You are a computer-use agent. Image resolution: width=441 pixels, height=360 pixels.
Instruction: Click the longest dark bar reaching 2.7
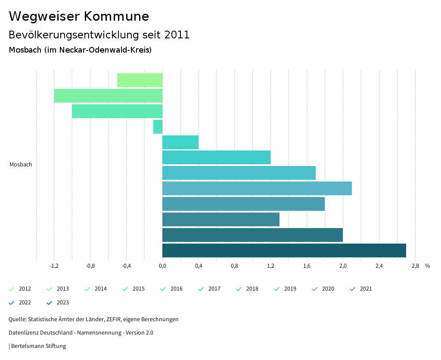[x=284, y=250]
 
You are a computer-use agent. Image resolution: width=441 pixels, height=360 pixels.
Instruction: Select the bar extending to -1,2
[x=108, y=96]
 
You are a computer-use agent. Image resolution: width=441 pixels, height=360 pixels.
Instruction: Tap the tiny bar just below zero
[x=158, y=127]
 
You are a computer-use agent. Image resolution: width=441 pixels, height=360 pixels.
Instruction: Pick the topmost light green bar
[x=140, y=80]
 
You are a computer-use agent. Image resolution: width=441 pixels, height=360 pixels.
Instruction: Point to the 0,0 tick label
[x=162, y=266]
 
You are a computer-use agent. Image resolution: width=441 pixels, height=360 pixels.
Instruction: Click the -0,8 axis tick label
[x=90, y=266]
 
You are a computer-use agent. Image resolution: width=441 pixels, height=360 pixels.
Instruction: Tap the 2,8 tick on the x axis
[x=415, y=266]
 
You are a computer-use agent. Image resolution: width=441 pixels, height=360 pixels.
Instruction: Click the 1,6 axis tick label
[x=307, y=266]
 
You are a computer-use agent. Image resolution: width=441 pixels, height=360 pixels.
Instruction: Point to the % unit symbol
[x=427, y=266]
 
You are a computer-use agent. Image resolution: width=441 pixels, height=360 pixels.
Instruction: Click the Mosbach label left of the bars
[x=21, y=165]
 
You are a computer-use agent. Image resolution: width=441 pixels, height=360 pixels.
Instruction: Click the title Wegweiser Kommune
[x=79, y=16]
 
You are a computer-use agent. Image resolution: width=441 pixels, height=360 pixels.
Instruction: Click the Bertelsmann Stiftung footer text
[x=38, y=346]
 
